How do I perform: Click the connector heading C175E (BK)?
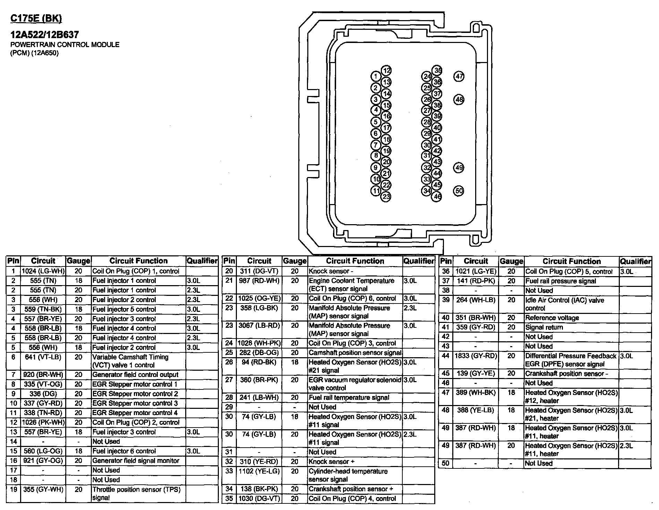36,18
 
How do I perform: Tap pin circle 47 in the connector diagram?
459,76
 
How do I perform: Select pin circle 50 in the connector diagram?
459,191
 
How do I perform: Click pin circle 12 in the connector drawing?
386,71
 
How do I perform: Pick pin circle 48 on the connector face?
459,100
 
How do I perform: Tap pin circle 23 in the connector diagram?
386,197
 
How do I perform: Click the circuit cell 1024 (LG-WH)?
43,271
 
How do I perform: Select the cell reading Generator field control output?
135,375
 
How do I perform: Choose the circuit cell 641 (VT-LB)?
43,357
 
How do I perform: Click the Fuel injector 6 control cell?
124,451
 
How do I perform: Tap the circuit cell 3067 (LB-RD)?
259,326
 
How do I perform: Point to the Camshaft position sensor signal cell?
355,353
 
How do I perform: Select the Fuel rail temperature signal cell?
349,397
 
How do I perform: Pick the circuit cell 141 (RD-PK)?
476,281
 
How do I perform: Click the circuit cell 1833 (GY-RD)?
476,356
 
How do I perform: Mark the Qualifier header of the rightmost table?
635,262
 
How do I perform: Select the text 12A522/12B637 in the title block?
45,35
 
